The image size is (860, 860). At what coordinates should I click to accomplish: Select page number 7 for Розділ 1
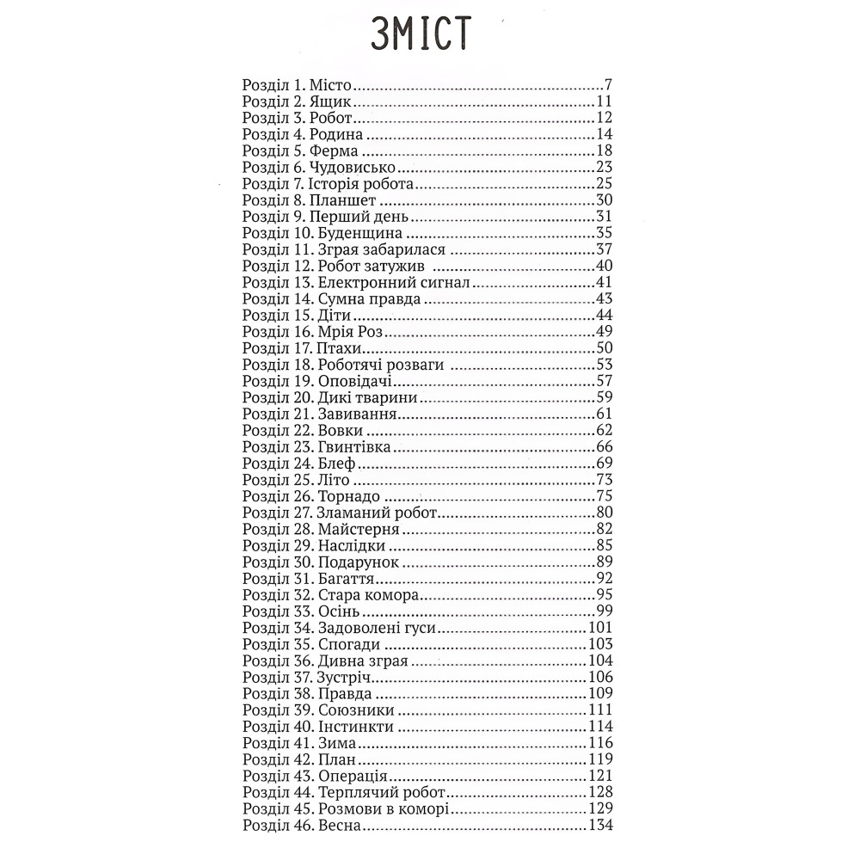coord(607,86)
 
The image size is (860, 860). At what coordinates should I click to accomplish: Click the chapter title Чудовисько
coord(343,167)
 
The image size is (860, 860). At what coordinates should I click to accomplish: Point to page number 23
coord(603,167)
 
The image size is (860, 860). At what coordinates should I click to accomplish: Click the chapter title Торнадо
coord(349,496)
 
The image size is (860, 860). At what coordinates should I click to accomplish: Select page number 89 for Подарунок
coord(603,562)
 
